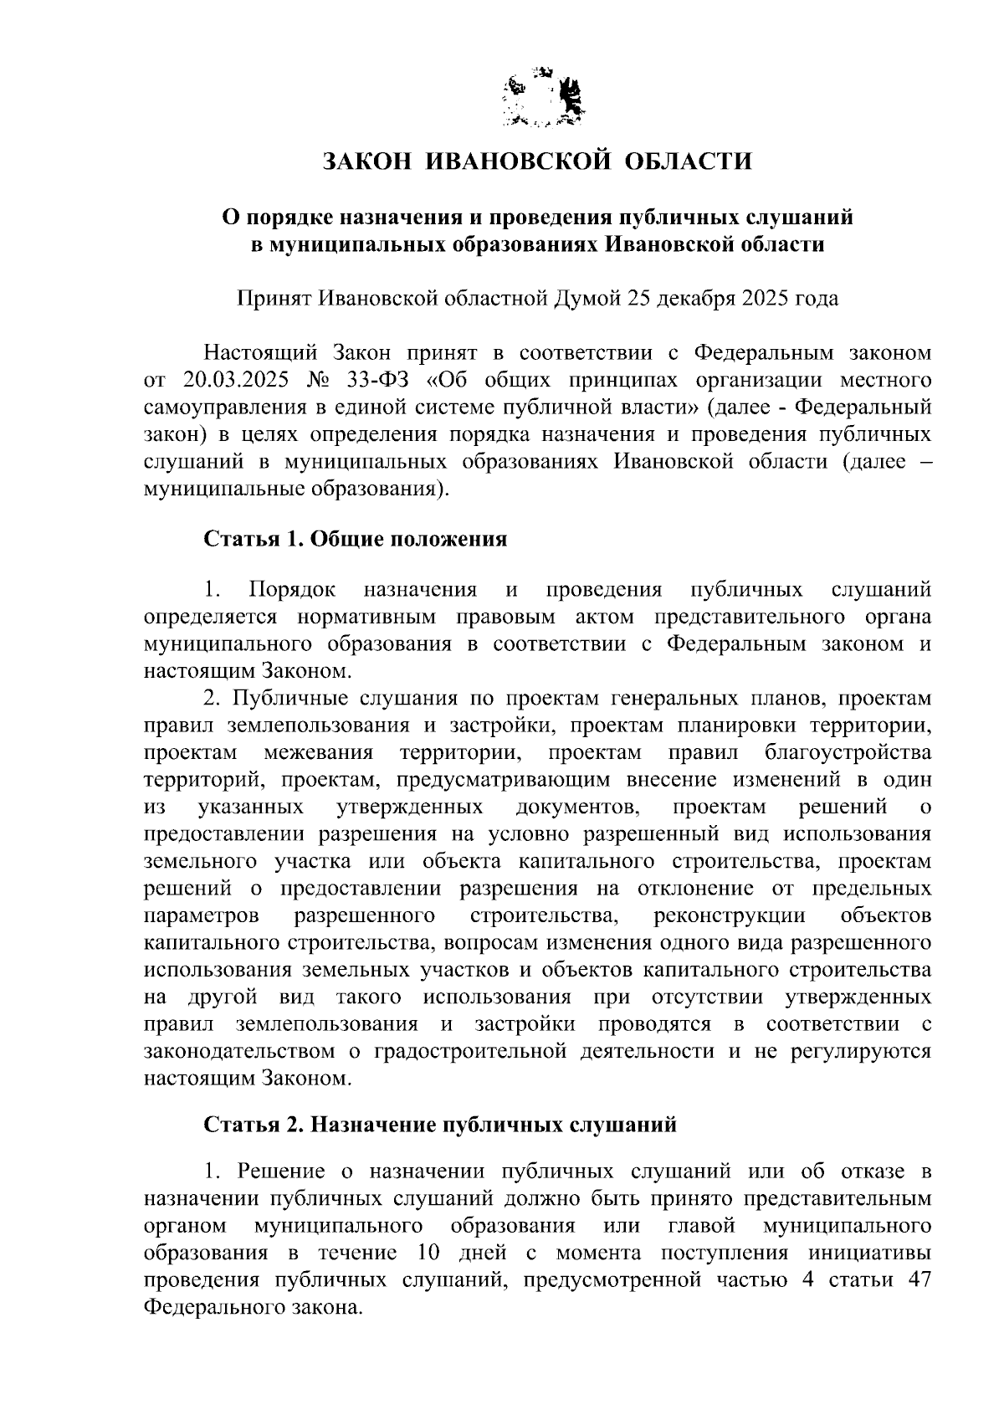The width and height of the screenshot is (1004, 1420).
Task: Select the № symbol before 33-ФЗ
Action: [x=321, y=380]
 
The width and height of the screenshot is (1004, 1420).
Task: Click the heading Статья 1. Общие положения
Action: [x=356, y=539]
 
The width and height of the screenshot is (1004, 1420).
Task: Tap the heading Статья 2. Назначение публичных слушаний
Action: [x=440, y=1125]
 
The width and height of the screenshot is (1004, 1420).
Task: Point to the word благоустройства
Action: [x=848, y=752]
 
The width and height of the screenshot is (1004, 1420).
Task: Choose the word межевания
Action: [x=318, y=752]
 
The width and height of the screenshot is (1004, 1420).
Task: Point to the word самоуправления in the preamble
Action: [x=229, y=408]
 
